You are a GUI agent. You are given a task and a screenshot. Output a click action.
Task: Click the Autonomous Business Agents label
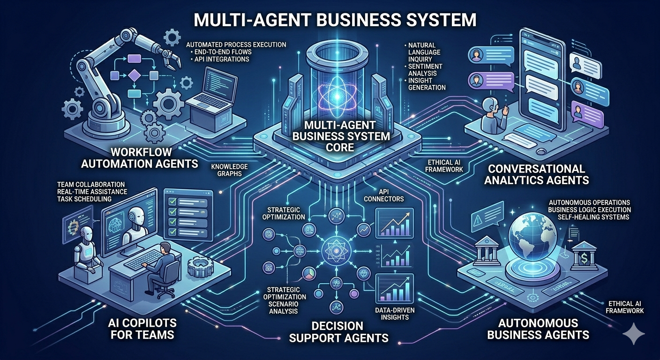click(538, 329)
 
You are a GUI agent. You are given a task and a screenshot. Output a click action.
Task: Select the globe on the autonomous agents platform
click(533, 229)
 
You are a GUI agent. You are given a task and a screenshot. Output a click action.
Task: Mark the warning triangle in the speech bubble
click(478, 219)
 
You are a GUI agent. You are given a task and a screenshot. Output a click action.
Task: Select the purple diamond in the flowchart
click(135, 75)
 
